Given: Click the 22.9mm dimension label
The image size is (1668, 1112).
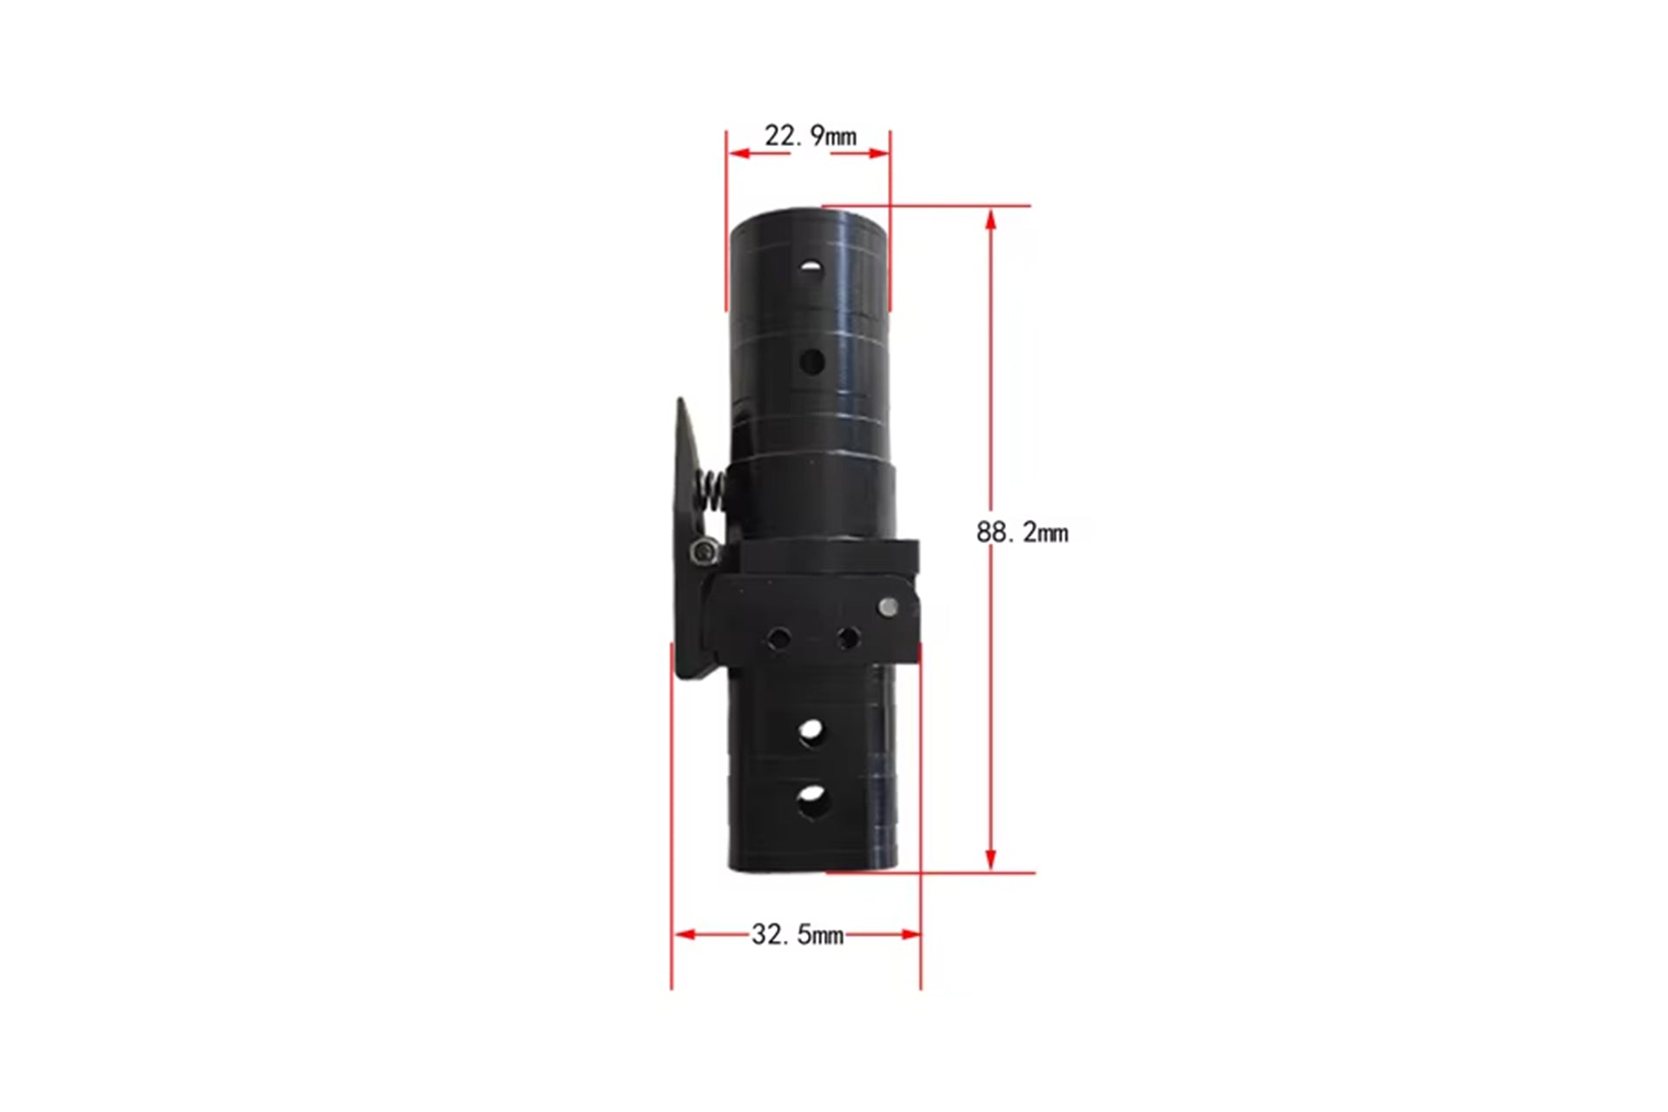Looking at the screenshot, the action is coord(810,136).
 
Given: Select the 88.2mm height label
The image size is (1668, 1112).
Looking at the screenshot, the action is coord(1022,532).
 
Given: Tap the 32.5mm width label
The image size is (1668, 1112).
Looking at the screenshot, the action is coord(798,935).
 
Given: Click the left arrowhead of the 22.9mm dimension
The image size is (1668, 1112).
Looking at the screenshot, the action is coord(738,154).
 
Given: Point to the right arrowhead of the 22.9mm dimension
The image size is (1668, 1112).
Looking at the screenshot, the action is coord(878,154).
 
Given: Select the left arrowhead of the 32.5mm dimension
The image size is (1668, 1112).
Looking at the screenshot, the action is coord(685,935).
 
